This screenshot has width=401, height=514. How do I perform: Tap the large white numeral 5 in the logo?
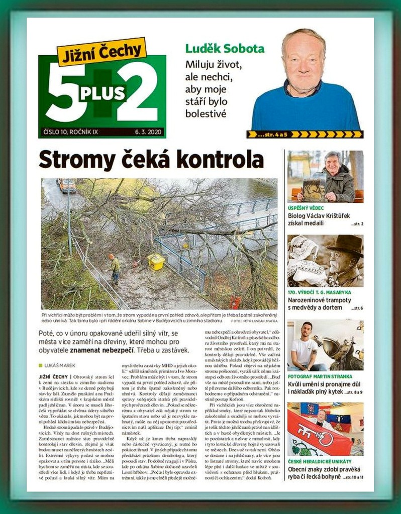click(x=64, y=96)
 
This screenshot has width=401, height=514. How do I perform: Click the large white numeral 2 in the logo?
click(x=138, y=94)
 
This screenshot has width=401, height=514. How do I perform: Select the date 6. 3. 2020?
click(x=147, y=133)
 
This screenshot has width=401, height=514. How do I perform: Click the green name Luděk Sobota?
click(x=225, y=49)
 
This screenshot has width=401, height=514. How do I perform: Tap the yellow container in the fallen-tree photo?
click(x=156, y=262)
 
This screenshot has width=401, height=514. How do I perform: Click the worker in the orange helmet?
click(x=115, y=267)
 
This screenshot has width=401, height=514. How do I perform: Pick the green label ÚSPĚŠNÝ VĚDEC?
click(x=306, y=208)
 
